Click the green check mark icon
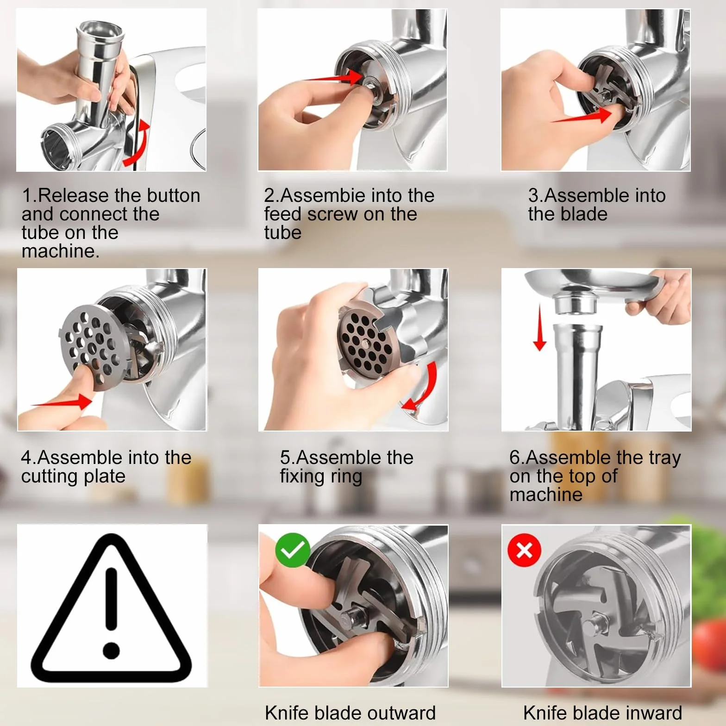tap(293, 550)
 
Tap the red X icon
tap(524, 550)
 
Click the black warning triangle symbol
tap(111, 604)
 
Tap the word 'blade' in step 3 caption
tap(584, 214)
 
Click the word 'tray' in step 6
tap(665, 458)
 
